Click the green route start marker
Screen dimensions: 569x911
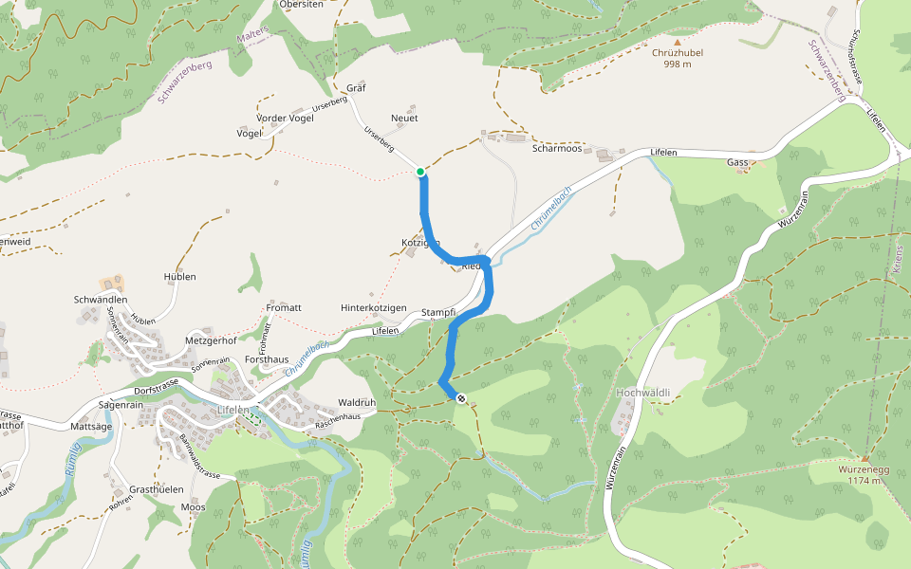click(420, 172)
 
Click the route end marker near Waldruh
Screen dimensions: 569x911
click(461, 398)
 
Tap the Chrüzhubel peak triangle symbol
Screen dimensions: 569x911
click(678, 42)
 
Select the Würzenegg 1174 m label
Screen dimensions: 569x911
click(865, 475)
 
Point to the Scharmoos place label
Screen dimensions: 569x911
click(557, 148)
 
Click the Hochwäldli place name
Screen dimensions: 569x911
click(643, 392)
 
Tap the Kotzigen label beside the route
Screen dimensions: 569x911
click(419, 244)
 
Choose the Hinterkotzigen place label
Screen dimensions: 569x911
click(374, 308)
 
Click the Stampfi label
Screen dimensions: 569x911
click(438, 312)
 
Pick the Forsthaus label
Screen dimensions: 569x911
click(266, 360)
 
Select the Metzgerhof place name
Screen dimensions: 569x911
click(210, 340)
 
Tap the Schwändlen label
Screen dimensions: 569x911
click(101, 300)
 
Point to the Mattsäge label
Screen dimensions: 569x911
click(92, 428)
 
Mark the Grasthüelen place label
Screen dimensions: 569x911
click(156, 489)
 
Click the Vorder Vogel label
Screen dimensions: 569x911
click(285, 118)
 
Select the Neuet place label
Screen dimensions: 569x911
click(404, 118)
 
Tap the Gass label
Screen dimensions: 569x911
click(738, 162)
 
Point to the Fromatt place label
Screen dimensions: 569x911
click(284, 307)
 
